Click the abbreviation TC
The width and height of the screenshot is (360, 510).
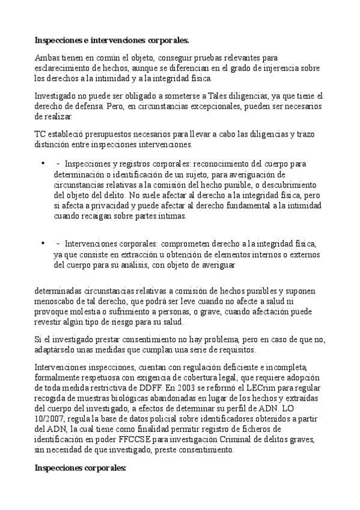(40, 134)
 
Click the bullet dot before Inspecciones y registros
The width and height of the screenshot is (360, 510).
(43, 163)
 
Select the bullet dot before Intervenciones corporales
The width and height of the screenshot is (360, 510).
(43, 243)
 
